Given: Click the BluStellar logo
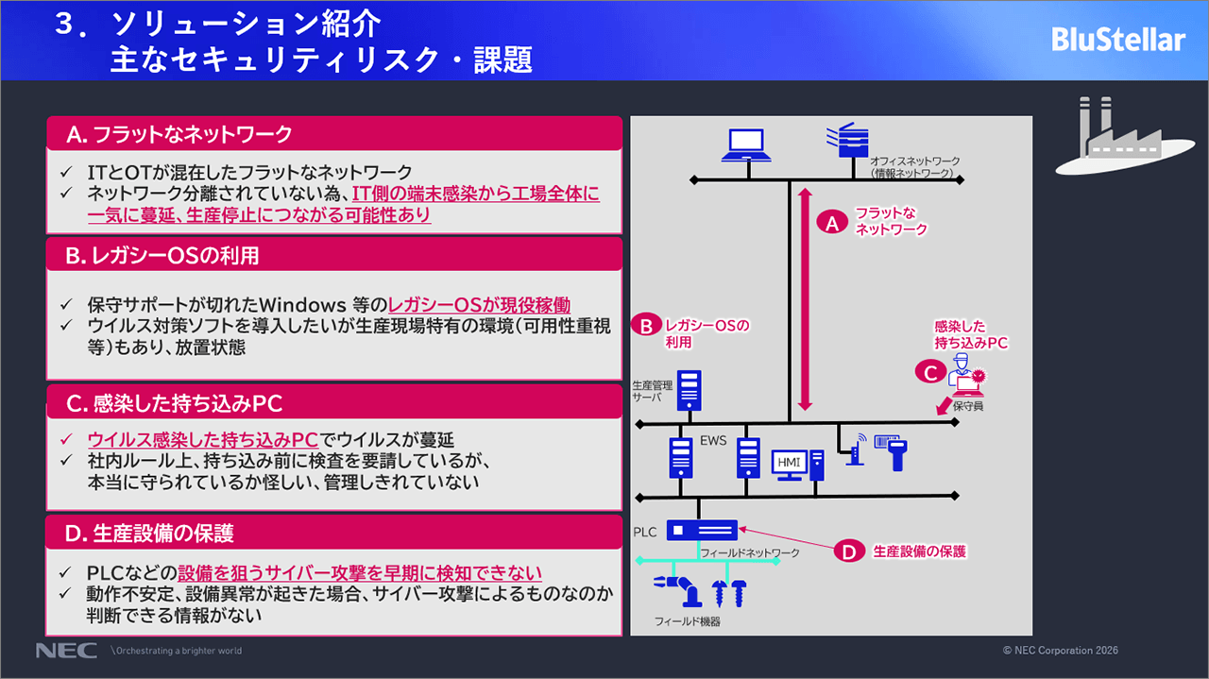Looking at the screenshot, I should coord(1117,40).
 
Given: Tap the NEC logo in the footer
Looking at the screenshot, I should coord(66,651).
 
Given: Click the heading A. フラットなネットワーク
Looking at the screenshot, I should coord(179,134).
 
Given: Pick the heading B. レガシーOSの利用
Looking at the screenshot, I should coord(162,255).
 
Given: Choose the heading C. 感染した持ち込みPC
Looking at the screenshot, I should coord(175,403).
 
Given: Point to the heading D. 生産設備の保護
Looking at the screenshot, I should coord(149,534).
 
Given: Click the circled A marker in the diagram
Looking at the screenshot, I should coord(832,223).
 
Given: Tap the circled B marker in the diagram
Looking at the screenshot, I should coord(647,326).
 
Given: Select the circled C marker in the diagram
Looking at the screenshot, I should coord(930,373).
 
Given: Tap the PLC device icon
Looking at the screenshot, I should coord(702,531).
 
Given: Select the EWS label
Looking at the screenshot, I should coord(713,440).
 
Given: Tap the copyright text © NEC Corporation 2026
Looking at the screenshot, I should coord(1061,651).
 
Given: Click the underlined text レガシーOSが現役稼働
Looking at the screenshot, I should coord(480,305).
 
